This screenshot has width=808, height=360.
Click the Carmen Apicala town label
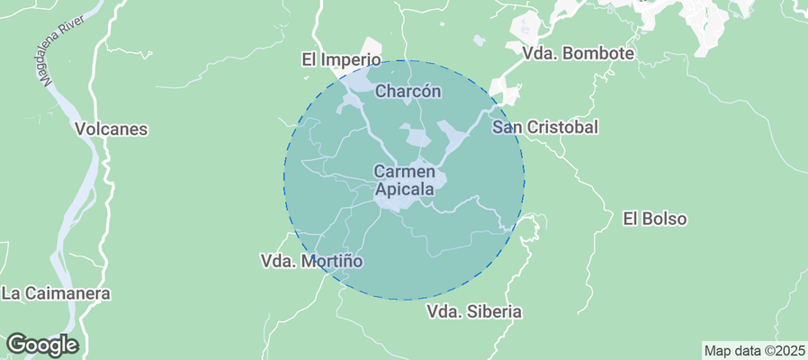click(404, 180)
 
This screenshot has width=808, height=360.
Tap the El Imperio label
click(341, 60)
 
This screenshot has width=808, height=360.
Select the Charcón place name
click(408, 91)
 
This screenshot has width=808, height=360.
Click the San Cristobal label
click(545, 127)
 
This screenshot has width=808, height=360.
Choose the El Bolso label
click(654, 219)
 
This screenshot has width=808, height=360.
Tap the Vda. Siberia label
click(474, 312)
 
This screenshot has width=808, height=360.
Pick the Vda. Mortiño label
click(310, 261)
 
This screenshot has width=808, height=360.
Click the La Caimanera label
click(56, 293)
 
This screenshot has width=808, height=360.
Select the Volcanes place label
click(112, 129)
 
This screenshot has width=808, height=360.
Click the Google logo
click(41, 345)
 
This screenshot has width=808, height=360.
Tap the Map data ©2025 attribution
click(754, 350)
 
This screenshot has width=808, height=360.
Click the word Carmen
click(404, 171)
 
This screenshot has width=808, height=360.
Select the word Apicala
click(404, 190)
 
